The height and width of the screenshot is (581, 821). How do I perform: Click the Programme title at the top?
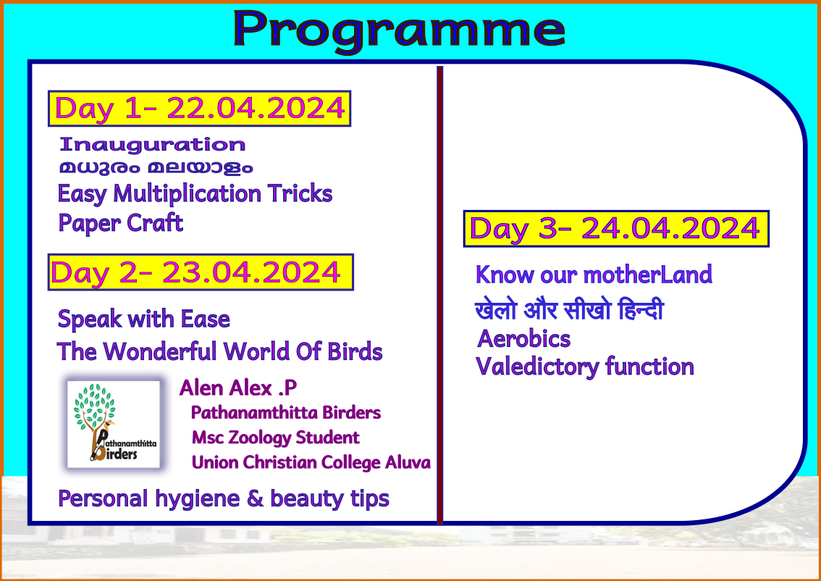point(399,30)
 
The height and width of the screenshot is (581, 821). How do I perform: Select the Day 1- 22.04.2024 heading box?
point(200,109)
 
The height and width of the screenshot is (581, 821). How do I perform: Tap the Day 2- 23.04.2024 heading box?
point(201,272)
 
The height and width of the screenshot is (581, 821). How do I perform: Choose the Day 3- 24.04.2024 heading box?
point(616,229)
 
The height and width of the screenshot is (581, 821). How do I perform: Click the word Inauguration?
point(152,145)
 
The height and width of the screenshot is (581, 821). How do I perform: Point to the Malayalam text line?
point(156,167)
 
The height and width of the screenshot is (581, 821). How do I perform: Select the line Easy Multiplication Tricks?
point(195,194)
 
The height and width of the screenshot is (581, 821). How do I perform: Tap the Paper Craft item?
point(121,223)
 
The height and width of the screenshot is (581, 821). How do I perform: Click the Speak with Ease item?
point(144,319)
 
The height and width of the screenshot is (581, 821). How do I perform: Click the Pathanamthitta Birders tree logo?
point(114,425)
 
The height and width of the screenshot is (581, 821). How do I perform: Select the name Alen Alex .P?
point(238,388)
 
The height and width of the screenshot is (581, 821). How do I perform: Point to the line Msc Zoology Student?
point(275,438)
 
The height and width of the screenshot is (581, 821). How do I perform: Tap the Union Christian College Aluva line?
point(311,463)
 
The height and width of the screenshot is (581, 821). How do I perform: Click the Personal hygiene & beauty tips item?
point(224,498)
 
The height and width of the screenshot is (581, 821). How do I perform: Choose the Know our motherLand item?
point(594,275)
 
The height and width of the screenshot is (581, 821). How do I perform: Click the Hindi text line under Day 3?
point(569,309)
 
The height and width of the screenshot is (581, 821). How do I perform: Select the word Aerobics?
point(523,339)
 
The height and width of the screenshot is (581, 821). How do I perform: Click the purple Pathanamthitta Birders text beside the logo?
point(286,413)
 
